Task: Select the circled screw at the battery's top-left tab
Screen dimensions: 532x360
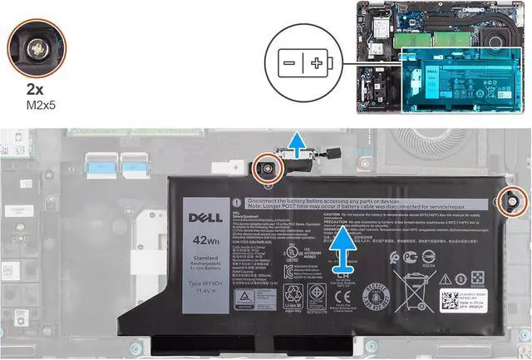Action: (269, 166)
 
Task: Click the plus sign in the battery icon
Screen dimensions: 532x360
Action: (317, 63)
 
